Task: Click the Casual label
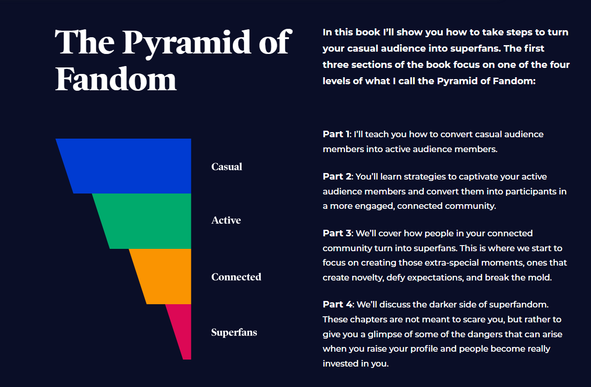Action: [227, 167]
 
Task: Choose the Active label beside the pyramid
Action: [226, 220]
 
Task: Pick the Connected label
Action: [236, 277]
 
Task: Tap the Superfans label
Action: [234, 332]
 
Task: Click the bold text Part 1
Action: [336, 134]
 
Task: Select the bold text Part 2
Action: [337, 176]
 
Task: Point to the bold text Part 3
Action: [337, 233]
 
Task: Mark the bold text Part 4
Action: [338, 304]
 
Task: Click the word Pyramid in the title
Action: [187, 42]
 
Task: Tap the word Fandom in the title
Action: [116, 79]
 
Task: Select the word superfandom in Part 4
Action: [519, 305]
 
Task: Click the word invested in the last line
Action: [340, 363]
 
